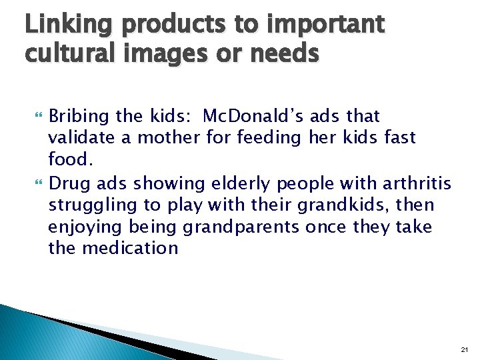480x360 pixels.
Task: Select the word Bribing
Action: click(79, 117)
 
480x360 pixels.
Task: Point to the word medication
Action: click(130, 249)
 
